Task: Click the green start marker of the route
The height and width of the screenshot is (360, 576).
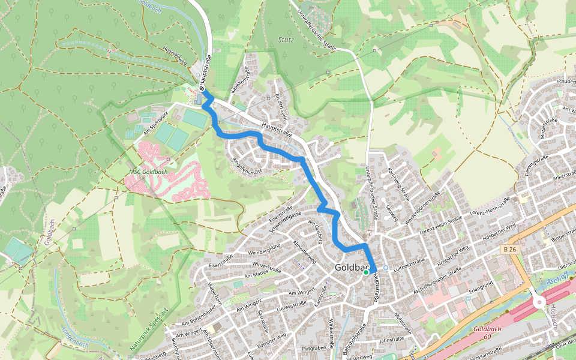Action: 366,272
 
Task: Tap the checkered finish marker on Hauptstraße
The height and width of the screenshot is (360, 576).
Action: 202,88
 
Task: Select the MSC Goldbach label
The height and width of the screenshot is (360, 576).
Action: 148,172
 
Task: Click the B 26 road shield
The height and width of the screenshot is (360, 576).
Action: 510,249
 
